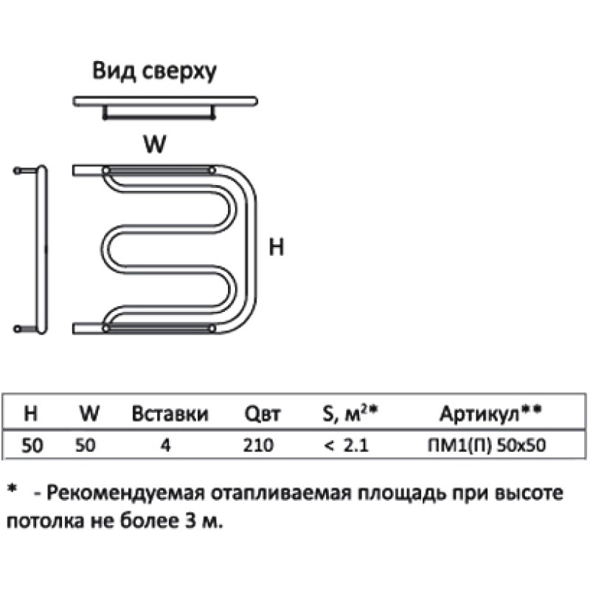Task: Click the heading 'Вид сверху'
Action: click(154, 71)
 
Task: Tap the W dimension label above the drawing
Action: click(155, 143)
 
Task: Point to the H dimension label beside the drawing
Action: click(276, 247)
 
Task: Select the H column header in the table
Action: click(30, 413)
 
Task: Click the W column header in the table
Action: click(89, 413)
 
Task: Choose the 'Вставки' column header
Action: click(170, 413)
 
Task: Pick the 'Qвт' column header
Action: click(263, 414)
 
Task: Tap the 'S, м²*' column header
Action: click(350, 413)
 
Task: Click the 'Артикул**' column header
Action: click(490, 414)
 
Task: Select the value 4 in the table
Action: click(165, 445)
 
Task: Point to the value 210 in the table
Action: click(258, 445)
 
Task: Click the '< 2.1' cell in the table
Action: click(346, 445)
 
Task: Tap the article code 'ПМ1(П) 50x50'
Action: click(487, 445)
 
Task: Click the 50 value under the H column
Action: click(32, 445)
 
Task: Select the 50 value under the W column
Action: click(85, 445)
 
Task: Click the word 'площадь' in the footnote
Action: click(402, 493)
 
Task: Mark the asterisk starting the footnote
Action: click(13, 488)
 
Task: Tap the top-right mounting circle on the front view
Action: click(212, 170)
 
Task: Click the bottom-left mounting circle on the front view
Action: click(105, 329)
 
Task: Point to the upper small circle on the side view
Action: click(17, 170)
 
